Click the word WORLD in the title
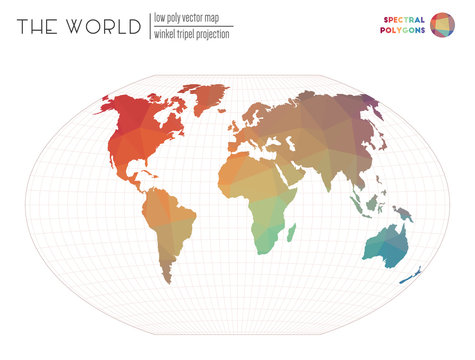click(104, 27)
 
